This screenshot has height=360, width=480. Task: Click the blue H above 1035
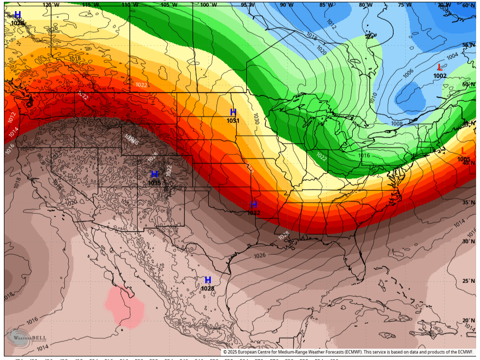(154, 174)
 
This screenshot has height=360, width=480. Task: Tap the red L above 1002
(440, 67)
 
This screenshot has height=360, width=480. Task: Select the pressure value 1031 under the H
(233, 120)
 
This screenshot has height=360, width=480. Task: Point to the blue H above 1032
(254, 204)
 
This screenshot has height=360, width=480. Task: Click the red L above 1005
(463, 151)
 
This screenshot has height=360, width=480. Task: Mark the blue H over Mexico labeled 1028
(208, 280)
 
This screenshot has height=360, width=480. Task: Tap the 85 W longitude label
(326, 5)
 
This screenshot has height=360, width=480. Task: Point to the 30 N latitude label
(468, 241)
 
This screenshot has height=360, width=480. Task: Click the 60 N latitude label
(468, 5)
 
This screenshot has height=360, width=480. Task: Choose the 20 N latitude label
(468, 320)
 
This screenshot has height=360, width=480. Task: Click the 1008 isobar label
(397, 124)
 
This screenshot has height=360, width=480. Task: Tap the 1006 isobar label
(408, 72)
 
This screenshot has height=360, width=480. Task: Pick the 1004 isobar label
(452, 56)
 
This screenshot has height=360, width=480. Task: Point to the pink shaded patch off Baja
(125, 306)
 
